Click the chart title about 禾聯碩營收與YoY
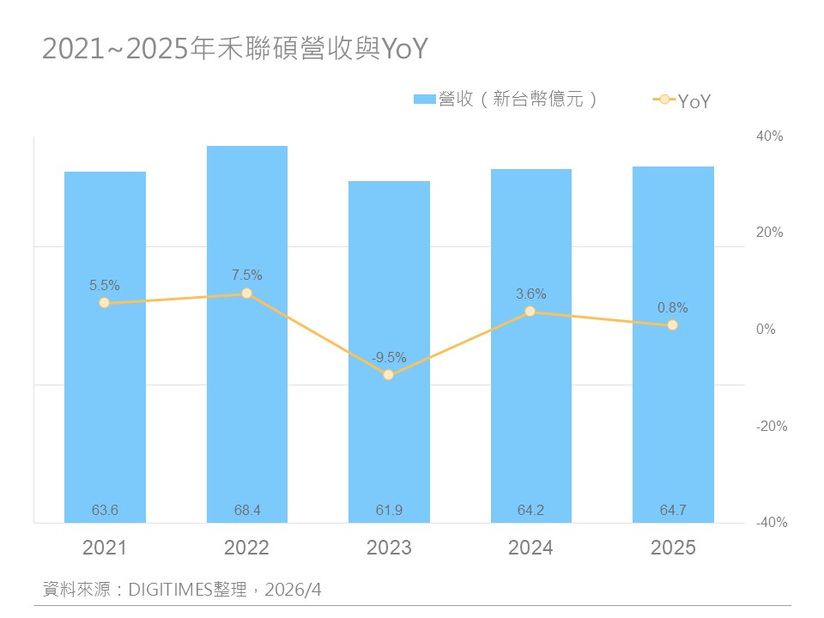click(x=234, y=50)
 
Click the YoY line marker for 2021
click(x=105, y=302)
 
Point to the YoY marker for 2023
click(x=389, y=374)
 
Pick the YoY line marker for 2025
click(x=672, y=324)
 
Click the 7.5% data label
click(x=247, y=276)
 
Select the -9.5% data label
click(x=389, y=357)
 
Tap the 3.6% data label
click(x=530, y=294)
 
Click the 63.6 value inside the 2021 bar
click(x=105, y=511)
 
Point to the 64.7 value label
click(x=672, y=511)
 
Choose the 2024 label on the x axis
click(x=530, y=548)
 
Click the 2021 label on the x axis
click(x=105, y=548)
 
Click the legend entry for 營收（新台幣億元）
click(x=506, y=100)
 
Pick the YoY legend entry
click(x=683, y=101)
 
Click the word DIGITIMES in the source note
click(x=168, y=590)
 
